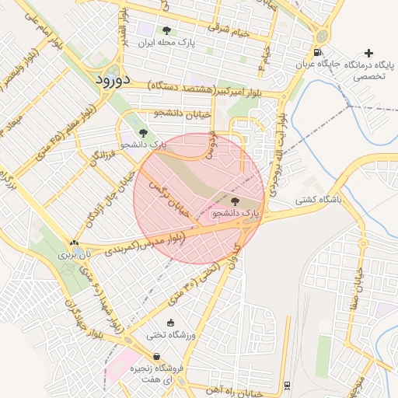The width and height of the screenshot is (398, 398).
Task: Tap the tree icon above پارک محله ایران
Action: click(x=166, y=31)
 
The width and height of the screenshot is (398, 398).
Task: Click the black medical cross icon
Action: click(x=368, y=53)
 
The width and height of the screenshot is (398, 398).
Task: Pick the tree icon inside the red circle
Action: click(x=236, y=201)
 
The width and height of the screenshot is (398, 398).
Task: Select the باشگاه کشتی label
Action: click(x=317, y=200)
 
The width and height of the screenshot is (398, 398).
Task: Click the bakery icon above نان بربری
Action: click(x=74, y=243)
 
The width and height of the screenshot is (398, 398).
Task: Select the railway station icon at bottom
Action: click(x=288, y=385)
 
